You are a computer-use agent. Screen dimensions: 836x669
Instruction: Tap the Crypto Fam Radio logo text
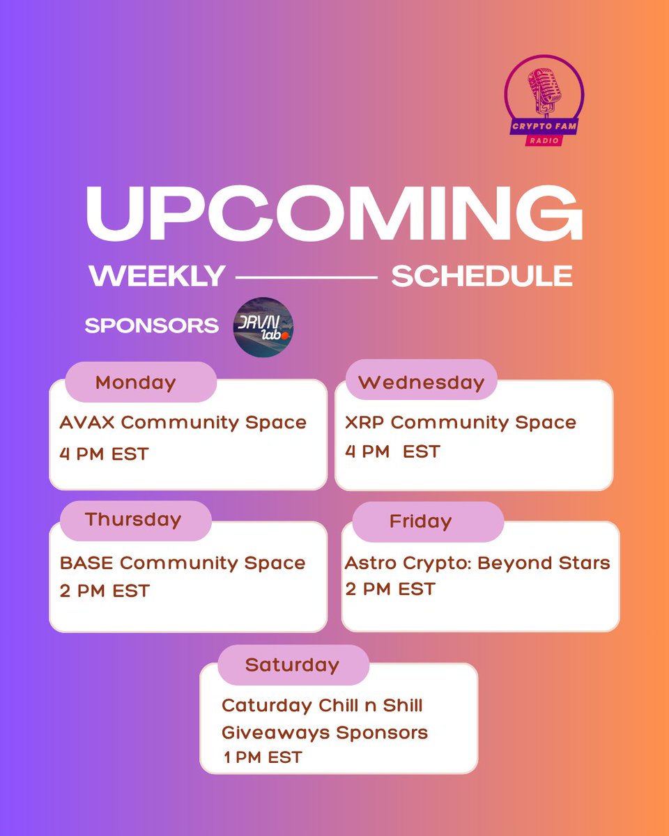click(x=544, y=127)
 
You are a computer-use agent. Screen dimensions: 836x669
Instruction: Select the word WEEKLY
click(x=157, y=277)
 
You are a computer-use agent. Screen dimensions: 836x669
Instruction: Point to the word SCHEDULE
click(x=482, y=277)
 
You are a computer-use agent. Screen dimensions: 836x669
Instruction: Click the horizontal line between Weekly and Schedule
click(x=307, y=277)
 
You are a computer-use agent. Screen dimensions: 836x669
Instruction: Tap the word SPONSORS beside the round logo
click(x=151, y=326)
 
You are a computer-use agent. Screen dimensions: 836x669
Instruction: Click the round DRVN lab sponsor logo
click(x=263, y=327)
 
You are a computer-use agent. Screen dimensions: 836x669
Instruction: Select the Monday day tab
click(x=136, y=382)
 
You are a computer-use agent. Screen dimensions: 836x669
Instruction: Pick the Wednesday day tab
click(x=421, y=382)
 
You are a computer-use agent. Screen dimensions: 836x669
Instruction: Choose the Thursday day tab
click(x=133, y=520)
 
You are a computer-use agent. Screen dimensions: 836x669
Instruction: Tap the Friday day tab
click(x=420, y=521)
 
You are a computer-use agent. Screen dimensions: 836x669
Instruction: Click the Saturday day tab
click(x=291, y=665)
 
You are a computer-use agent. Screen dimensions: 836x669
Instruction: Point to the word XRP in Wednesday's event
click(x=364, y=423)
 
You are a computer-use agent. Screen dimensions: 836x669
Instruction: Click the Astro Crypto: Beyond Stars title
click(x=477, y=563)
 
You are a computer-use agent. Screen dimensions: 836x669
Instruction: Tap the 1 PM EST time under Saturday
click(x=263, y=757)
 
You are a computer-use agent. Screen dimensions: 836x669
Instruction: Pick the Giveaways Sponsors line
click(x=325, y=733)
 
